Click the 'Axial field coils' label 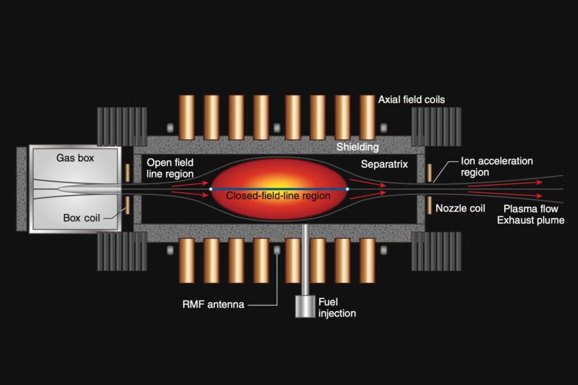(411, 99)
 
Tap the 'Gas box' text (75, 158)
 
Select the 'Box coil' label (81, 218)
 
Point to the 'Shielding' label (357, 147)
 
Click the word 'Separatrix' (384, 164)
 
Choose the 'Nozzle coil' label (460, 209)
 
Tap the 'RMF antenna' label (213, 304)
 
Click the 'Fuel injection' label (337, 308)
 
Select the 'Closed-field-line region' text (278, 196)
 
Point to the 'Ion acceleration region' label (497, 167)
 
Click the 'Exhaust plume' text (531, 220)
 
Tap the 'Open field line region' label (170, 168)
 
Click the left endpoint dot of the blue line (211, 189)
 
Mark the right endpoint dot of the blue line (347, 189)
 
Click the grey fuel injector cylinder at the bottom (305, 306)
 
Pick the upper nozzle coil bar (430, 173)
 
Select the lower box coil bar (128, 205)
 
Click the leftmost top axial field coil (186, 117)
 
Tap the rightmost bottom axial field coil (367, 260)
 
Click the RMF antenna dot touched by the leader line (277, 250)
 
